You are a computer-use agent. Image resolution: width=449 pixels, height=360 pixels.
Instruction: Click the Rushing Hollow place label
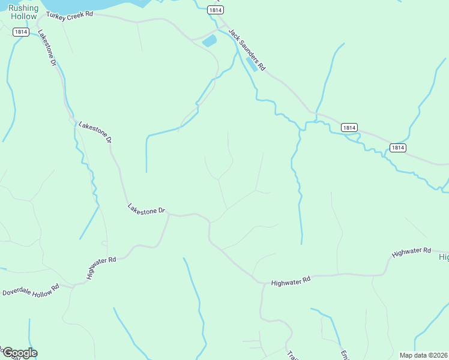(x=24, y=12)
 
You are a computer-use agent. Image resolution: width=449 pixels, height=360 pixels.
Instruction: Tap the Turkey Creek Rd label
(x=70, y=13)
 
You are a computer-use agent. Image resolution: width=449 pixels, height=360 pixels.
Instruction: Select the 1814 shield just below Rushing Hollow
(x=20, y=32)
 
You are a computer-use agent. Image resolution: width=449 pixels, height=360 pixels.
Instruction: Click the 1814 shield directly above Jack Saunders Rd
(x=215, y=10)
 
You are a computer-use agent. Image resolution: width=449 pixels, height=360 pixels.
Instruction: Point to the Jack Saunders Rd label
(x=247, y=50)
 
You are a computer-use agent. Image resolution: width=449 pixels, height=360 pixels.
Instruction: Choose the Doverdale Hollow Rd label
(x=31, y=290)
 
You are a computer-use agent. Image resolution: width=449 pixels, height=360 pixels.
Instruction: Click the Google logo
(x=19, y=353)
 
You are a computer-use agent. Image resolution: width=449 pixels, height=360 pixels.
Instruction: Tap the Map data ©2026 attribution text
(x=423, y=355)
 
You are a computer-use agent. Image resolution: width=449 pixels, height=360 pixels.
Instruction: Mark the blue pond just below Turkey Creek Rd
(x=209, y=41)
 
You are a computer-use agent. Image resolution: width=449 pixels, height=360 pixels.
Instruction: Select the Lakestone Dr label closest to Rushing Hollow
(x=47, y=48)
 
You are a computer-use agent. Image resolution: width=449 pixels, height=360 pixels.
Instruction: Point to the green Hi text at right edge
(x=444, y=257)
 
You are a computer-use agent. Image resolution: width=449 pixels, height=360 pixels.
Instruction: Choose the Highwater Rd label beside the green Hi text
(x=412, y=253)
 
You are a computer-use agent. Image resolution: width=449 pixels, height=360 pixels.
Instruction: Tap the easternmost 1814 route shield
(x=397, y=147)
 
